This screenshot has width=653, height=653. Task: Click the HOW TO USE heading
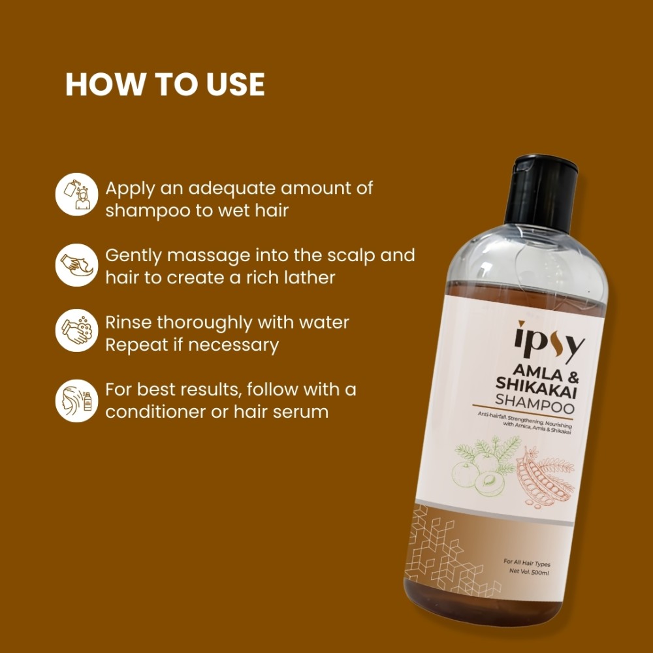coord(165,84)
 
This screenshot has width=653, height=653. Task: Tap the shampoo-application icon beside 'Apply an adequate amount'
coord(76,194)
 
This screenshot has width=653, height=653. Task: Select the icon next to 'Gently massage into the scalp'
coord(76,265)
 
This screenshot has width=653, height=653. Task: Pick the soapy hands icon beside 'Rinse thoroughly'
coord(76,330)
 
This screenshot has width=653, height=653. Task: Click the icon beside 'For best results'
coord(76,401)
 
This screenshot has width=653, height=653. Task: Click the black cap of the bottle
coord(542,194)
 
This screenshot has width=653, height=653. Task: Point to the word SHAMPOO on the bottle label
coord(535,403)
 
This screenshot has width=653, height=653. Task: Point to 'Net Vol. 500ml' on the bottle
coord(529,571)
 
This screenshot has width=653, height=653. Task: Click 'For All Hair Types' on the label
coord(527,563)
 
